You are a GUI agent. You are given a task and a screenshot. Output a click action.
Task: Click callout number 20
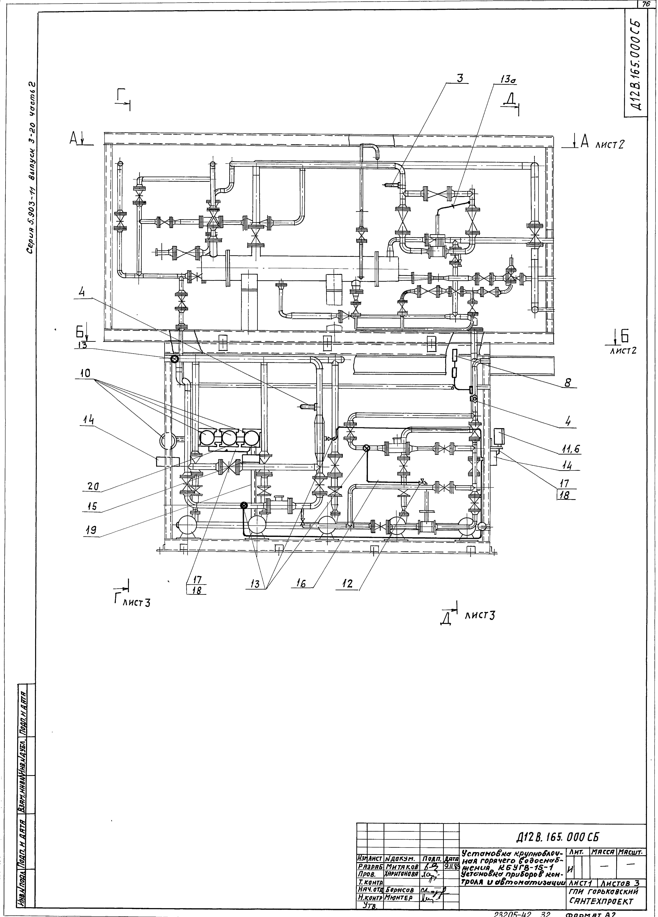[x=93, y=487]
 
